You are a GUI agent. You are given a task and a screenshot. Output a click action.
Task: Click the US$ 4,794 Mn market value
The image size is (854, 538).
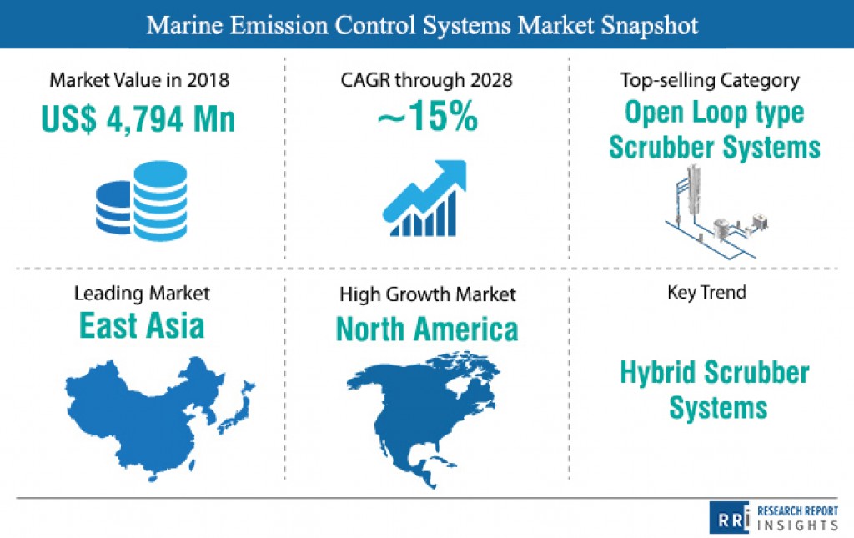138,118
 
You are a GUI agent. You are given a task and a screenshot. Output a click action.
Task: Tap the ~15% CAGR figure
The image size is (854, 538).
428,116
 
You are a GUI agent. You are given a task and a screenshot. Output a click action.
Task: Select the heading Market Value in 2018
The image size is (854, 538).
139,80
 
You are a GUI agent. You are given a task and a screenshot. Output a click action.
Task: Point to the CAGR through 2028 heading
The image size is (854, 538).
426,80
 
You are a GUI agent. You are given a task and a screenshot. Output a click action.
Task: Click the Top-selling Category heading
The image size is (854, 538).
710,81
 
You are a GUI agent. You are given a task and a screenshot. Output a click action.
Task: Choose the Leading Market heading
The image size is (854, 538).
142,294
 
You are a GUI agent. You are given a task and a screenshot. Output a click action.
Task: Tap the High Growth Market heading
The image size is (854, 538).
428,294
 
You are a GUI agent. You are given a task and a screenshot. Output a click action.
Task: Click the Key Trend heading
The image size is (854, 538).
707,293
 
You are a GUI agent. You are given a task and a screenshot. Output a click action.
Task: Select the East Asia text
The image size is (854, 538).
142,325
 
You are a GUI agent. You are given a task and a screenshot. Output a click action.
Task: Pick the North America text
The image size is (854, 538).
427,329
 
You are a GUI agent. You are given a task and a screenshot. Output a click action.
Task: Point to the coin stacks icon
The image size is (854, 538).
142,200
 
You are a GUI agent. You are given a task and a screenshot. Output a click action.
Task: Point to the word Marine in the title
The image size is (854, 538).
184,25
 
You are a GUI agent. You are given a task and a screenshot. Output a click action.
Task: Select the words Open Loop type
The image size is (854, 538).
714,113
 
